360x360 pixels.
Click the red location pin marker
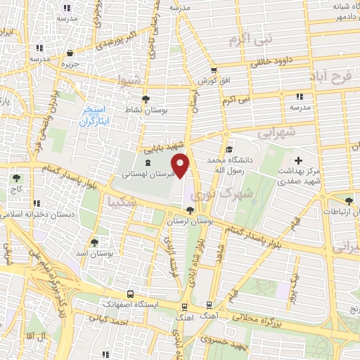coord(181,165)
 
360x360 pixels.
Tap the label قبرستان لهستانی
coord(145,172)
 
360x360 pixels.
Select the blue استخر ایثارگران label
coord(93,117)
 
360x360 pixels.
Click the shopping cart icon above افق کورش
coord(214,70)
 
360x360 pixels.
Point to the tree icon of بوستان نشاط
coord(146,99)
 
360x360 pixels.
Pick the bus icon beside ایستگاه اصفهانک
coord(130,295)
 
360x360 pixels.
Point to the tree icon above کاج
coord(15,178)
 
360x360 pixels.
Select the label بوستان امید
coord(93,252)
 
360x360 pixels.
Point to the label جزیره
coord(69,65)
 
